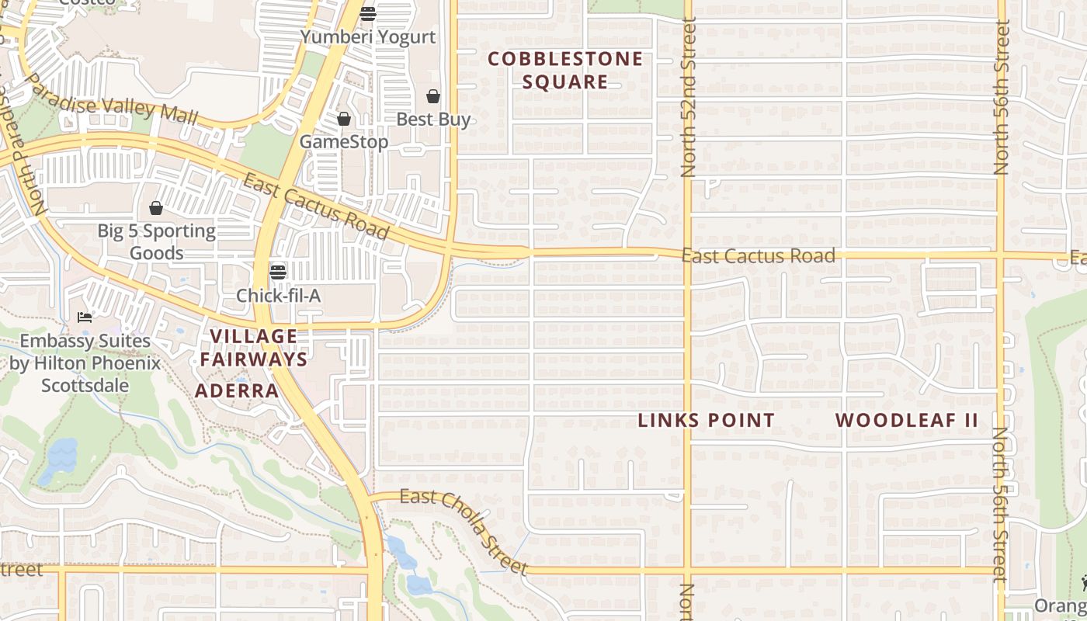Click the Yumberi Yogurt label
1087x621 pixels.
(368, 37)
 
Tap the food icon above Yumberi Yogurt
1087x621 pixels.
(368, 13)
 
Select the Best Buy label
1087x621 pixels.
(433, 120)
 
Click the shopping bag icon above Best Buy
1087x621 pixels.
(433, 96)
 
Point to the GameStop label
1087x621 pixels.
(344, 142)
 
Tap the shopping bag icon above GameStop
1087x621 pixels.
(344, 119)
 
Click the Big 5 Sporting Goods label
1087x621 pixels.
(157, 242)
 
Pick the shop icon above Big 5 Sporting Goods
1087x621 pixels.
(156, 208)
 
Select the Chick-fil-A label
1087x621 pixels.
(278, 296)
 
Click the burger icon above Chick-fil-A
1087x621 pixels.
(278, 272)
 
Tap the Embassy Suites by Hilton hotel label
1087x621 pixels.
(85, 363)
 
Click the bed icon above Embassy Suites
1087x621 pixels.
(85, 317)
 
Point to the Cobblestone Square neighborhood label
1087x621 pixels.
(565, 71)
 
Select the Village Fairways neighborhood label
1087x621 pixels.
(254, 348)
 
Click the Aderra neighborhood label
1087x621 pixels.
(237, 390)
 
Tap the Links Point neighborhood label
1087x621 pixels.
(706, 421)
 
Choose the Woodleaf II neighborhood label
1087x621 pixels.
(906, 421)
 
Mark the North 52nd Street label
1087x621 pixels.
(688, 98)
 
